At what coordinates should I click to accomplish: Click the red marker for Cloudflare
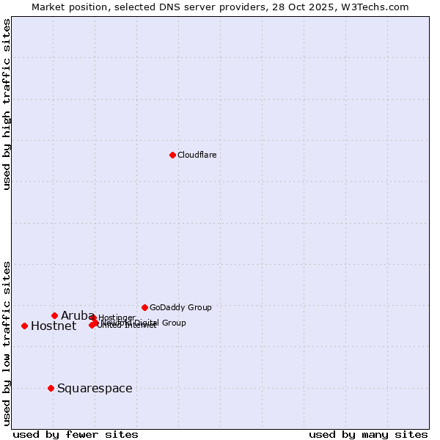pos(172,155)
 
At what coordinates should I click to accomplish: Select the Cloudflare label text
pos(197,155)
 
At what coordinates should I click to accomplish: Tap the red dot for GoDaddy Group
pos(144,307)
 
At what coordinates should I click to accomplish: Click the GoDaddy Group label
pos(180,307)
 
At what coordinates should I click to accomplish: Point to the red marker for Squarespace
pos(51,388)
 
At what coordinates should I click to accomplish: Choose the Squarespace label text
pos(95,388)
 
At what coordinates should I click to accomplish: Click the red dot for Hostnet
pos(24,326)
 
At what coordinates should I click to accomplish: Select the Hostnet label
pos(54,326)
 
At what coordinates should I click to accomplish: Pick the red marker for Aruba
pos(54,315)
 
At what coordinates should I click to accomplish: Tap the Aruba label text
pos(73,315)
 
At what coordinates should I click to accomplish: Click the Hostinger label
pos(117,318)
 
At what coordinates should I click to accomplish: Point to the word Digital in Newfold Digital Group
pos(145,323)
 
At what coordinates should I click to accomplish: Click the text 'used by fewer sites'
pos(76,434)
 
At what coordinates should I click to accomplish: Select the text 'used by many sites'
pos(368,434)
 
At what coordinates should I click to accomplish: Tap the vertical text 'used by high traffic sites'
pos(7,104)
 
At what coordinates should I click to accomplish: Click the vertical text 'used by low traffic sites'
pos(7,343)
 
